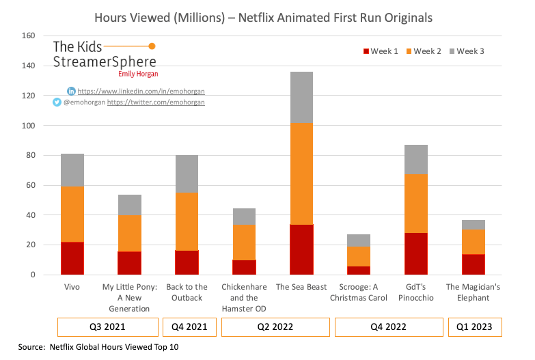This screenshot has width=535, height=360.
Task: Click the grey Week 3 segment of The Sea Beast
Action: (x=301, y=97)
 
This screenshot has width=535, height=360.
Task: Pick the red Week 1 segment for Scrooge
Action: (x=358, y=271)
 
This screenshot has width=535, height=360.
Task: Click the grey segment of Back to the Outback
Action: (x=187, y=174)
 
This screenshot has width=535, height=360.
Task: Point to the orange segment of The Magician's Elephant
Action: (x=473, y=241)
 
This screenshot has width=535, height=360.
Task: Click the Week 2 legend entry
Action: (x=423, y=51)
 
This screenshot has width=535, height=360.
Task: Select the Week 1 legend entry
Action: (x=381, y=51)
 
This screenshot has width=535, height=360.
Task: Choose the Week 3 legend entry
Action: (x=466, y=51)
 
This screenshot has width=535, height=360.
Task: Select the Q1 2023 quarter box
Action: (x=474, y=327)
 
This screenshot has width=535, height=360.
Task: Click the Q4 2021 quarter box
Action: (x=189, y=327)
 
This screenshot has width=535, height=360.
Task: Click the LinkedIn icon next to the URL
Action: (x=71, y=91)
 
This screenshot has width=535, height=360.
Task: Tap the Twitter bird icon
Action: (x=57, y=102)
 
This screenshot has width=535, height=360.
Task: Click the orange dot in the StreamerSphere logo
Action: (x=152, y=46)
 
